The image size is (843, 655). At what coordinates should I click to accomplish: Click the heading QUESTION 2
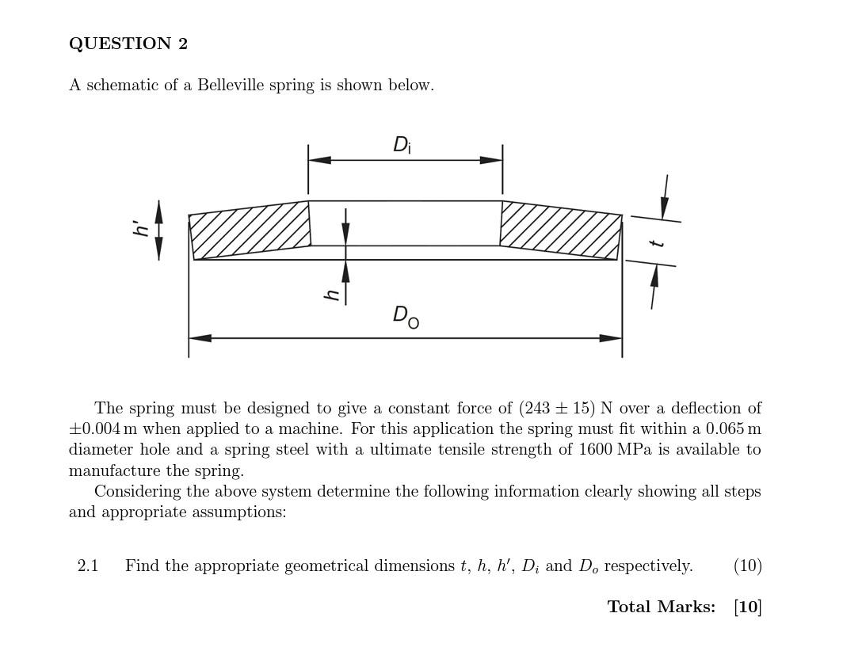coord(128,44)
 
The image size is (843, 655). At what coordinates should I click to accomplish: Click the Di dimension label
coord(402,145)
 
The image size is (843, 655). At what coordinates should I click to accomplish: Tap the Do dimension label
coord(406,316)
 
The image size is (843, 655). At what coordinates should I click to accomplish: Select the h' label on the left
coord(142,228)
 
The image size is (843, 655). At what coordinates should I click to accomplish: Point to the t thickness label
coord(657,242)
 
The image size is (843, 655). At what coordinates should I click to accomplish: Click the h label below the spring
coord(333,295)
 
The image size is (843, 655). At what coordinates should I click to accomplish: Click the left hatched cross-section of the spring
coord(250,230)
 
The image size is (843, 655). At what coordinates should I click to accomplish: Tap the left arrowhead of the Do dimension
coord(200,338)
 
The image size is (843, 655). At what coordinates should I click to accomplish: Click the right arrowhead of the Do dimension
coord(611,338)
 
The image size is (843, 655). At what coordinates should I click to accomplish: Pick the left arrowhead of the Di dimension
coord(319,160)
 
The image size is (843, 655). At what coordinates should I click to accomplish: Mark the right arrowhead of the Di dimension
coord(491,160)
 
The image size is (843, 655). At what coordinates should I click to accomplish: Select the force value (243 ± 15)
coord(557,409)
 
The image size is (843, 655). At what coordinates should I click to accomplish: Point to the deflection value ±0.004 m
coord(101,429)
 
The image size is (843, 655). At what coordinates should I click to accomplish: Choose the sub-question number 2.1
coord(88,566)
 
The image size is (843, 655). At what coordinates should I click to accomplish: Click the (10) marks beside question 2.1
coord(747,566)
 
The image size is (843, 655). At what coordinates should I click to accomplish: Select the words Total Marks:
coord(661,607)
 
